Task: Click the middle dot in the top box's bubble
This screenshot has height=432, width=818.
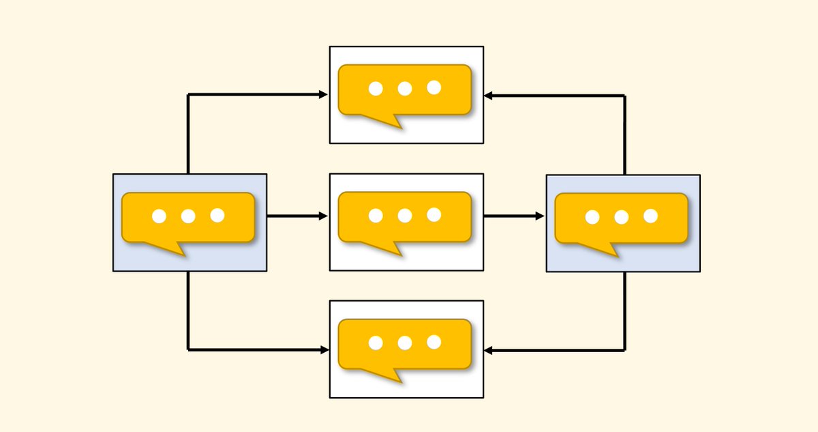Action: [405, 88]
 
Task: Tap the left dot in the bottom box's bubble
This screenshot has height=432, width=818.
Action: [376, 343]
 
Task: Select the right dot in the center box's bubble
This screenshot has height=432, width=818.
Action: [434, 215]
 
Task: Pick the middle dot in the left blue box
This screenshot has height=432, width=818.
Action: [188, 216]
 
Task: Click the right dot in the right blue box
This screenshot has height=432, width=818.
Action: [651, 216]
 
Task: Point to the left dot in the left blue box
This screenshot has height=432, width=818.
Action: [159, 216]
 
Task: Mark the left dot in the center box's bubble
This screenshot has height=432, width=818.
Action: [376, 216]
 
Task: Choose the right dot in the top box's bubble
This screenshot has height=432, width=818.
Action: [434, 87]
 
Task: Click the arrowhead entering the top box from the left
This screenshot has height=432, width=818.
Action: [324, 95]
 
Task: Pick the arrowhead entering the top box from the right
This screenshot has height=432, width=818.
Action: [489, 96]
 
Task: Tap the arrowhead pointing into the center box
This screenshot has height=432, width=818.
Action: [324, 216]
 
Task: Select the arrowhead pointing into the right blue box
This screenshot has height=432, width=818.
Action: [540, 216]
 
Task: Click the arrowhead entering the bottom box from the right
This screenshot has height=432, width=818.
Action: [489, 351]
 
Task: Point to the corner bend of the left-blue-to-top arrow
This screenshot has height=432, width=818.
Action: [188, 95]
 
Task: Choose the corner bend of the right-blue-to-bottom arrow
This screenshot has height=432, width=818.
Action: [625, 351]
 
